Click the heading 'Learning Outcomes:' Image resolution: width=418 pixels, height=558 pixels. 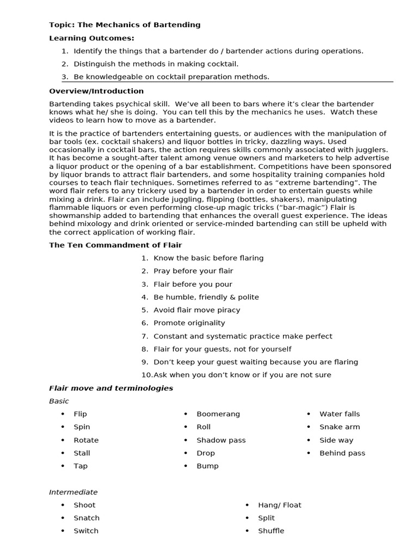91,38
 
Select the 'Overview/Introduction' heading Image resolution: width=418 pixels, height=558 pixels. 96,91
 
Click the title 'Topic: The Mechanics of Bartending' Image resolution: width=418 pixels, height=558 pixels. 125,25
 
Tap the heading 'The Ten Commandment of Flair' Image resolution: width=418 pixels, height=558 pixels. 115,245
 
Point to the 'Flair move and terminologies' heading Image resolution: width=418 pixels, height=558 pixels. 111,388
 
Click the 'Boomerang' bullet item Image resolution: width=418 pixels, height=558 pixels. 218,414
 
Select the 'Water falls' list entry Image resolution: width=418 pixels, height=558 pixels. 339,414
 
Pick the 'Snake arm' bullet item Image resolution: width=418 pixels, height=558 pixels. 339,427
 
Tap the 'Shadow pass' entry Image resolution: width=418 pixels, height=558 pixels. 221,440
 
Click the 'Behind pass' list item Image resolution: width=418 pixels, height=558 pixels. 342,453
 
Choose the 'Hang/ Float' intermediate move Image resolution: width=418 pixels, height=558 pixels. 279,505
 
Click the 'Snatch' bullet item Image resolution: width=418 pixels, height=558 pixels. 87,518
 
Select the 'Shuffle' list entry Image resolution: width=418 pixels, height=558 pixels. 271,531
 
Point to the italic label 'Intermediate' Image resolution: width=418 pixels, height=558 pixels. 73,492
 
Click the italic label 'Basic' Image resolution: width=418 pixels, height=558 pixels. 59,401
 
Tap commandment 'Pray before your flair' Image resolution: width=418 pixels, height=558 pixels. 193,271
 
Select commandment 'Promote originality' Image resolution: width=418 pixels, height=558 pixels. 189,323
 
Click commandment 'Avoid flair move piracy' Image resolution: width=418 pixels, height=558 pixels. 196,310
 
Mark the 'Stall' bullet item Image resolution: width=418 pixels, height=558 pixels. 82,453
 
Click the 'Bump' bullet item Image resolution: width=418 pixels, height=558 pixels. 207,466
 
